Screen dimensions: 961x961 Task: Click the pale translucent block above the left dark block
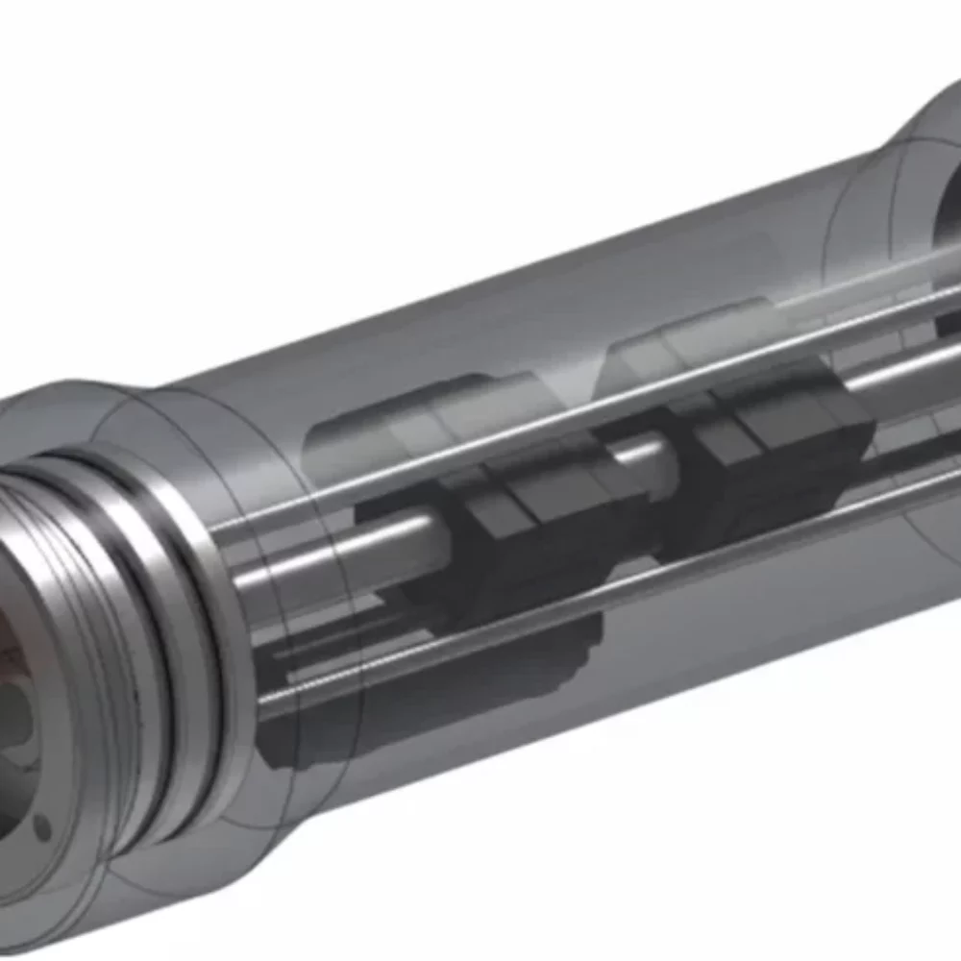[423, 423]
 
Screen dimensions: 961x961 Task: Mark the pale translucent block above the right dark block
[692, 336]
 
